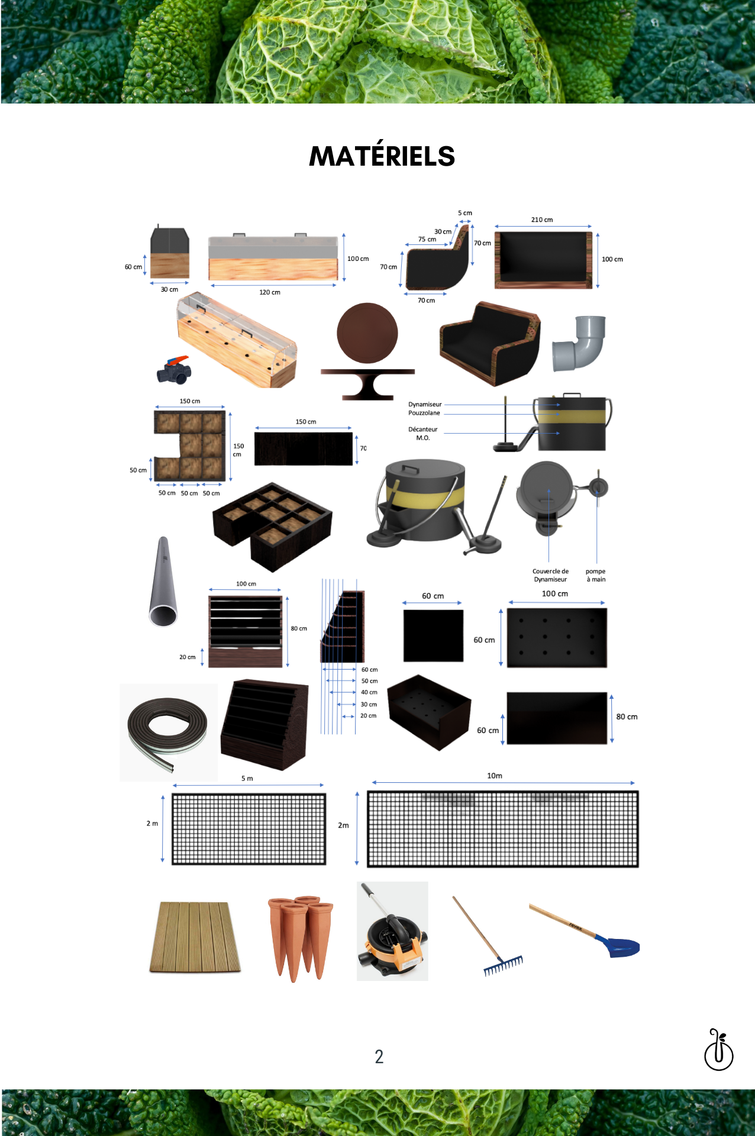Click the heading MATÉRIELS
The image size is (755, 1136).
(x=382, y=156)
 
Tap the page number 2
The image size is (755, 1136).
(x=379, y=1057)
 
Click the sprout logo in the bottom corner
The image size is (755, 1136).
(x=718, y=1050)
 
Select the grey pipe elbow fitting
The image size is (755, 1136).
(x=579, y=343)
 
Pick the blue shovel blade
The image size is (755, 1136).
(x=618, y=945)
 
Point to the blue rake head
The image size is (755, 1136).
(x=504, y=966)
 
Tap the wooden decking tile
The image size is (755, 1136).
(x=195, y=937)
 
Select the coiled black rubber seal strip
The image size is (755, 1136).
(x=167, y=732)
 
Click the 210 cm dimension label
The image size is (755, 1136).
(x=542, y=220)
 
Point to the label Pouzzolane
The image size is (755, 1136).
(x=424, y=413)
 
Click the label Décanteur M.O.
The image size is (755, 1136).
(x=423, y=434)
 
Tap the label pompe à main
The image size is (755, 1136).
(x=596, y=575)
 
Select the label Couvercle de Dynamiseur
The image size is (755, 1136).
(x=550, y=575)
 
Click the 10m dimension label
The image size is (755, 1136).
(x=495, y=776)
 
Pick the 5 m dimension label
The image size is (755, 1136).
(x=247, y=779)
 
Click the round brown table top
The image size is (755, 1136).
(x=367, y=333)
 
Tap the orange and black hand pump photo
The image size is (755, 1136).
(x=392, y=931)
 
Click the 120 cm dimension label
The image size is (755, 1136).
(x=270, y=292)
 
